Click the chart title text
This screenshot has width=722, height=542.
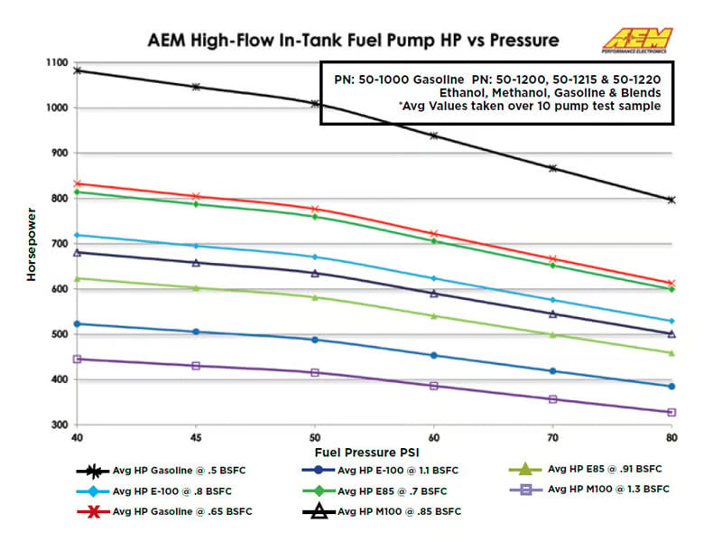[353, 41]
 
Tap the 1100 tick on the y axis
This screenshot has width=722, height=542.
[56, 62]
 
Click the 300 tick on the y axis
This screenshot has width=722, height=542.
[60, 425]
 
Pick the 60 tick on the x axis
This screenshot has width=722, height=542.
[434, 435]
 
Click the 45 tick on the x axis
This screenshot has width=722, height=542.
[196, 435]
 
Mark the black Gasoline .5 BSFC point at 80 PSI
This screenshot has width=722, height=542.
[671, 200]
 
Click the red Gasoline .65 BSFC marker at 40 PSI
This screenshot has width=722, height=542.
[78, 184]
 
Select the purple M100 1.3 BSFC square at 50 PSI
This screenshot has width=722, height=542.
[315, 372]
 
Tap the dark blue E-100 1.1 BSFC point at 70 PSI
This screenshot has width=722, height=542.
[552, 371]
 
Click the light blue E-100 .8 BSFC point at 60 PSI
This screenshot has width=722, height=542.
[434, 278]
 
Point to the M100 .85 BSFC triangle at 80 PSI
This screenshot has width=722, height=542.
[671, 333]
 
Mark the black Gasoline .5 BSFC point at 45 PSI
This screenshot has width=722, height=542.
[196, 87]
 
